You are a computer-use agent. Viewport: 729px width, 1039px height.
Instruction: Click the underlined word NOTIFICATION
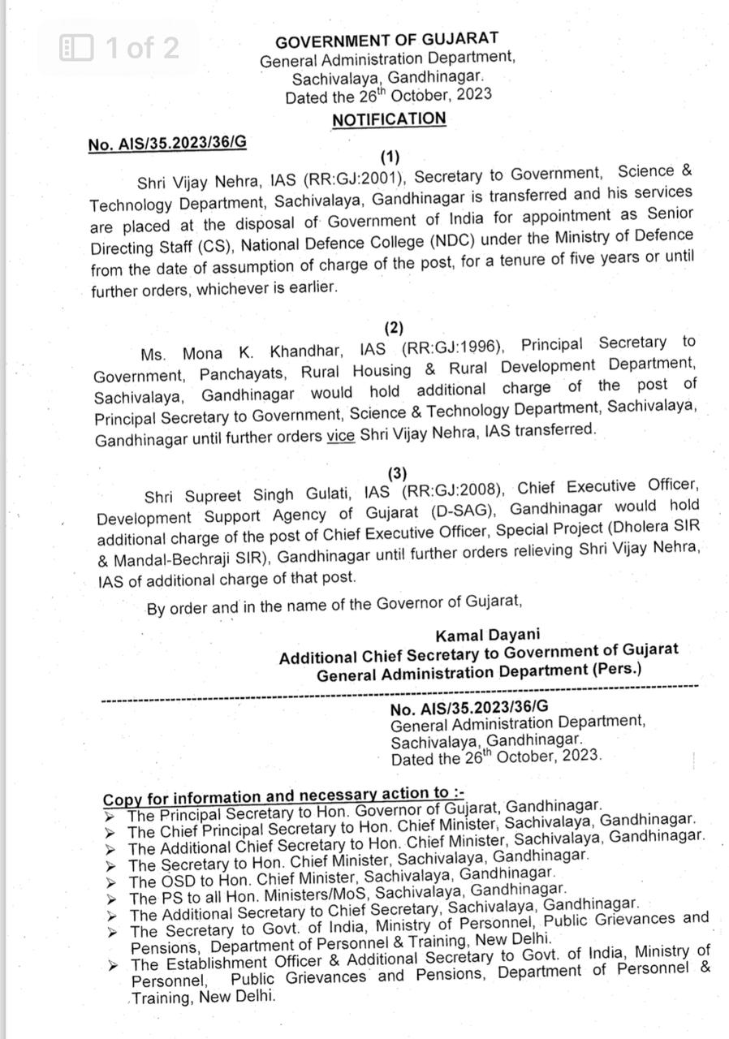pyautogui.click(x=389, y=119)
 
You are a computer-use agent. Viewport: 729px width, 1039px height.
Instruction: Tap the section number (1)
pyautogui.click(x=390, y=157)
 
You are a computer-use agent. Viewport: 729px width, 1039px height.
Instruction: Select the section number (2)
pyautogui.click(x=394, y=328)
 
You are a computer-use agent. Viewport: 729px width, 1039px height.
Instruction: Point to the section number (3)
pyautogui.click(x=397, y=472)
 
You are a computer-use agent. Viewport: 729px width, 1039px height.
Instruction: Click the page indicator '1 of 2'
pyautogui.click(x=142, y=48)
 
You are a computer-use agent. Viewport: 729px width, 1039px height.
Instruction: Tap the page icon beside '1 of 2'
pyautogui.click(x=78, y=48)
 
